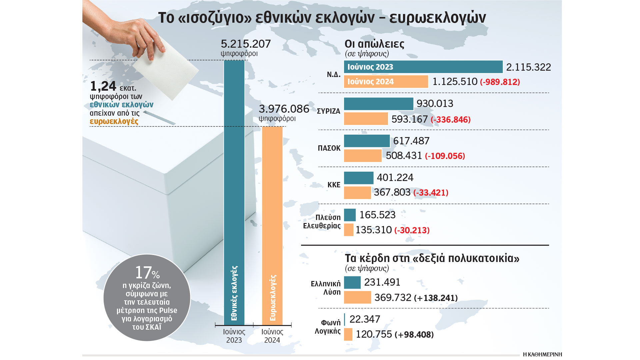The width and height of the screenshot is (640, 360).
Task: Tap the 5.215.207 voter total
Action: click(x=246, y=44)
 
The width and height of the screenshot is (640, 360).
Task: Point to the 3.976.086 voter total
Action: click(x=284, y=109)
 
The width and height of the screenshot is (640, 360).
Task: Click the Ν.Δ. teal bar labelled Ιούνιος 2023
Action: click(x=423, y=67)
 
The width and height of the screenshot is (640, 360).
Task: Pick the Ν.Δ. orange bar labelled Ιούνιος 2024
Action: click(x=386, y=82)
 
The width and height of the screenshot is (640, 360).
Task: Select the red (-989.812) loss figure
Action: click(x=500, y=82)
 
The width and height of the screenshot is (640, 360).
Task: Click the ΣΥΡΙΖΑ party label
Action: click(x=328, y=111)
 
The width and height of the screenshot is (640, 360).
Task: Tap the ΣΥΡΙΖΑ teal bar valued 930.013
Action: click(x=378, y=104)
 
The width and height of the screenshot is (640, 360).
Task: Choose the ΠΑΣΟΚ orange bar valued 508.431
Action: click(x=363, y=156)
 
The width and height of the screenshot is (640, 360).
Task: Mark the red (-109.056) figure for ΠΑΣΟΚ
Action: click(x=445, y=156)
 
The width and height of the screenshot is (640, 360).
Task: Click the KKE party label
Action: click(x=334, y=185)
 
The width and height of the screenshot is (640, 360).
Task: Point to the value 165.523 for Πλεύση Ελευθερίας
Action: click(x=377, y=215)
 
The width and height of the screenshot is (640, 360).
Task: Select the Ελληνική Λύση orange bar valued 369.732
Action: click(x=357, y=297)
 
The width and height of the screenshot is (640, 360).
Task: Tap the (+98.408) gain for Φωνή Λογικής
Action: click(x=414, y=335)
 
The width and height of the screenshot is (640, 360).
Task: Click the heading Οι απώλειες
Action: click(x=374, y=44)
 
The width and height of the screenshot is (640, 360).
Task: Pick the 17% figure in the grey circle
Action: click(x=147, y=273)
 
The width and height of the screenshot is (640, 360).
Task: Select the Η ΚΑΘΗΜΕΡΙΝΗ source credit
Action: click(x=542, y=354)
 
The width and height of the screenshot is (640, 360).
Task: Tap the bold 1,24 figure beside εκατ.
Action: click(x=103, y=86)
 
